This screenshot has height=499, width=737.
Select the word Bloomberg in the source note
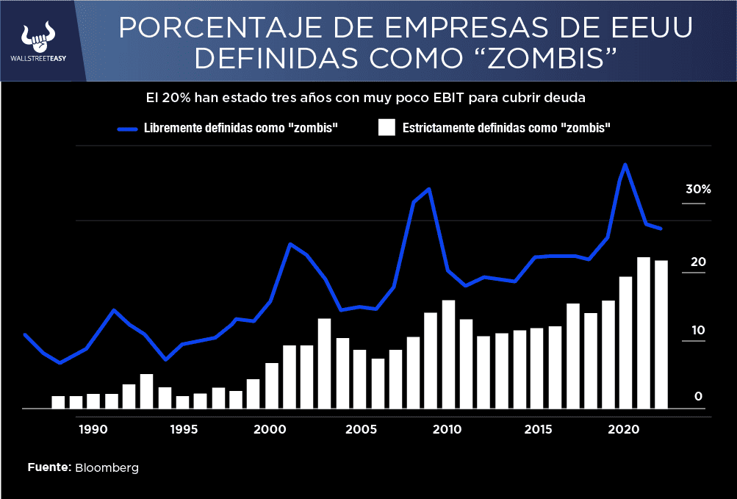(x=107, y=467)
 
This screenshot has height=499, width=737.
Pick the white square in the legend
(x=387, y=127)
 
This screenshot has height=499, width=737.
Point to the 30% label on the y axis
(x=697, y=189)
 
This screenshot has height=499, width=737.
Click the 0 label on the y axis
(x=699, y=397)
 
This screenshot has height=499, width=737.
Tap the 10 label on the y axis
(x=697, y=330)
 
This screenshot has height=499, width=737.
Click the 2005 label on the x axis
(x=358, y=429)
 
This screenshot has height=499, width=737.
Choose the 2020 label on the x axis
(x=624, y=429)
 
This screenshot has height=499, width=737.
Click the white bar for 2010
(x=448, y=354)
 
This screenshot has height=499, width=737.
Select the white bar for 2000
(x=272, y=385)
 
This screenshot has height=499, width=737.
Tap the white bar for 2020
(x=625, y=342)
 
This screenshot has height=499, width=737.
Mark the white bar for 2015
(x=537, y=367)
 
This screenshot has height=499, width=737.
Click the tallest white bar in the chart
(x=644, y=332)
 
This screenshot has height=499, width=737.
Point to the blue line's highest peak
(x=625, y=165)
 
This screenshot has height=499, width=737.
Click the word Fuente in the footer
(x=49, y=467)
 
